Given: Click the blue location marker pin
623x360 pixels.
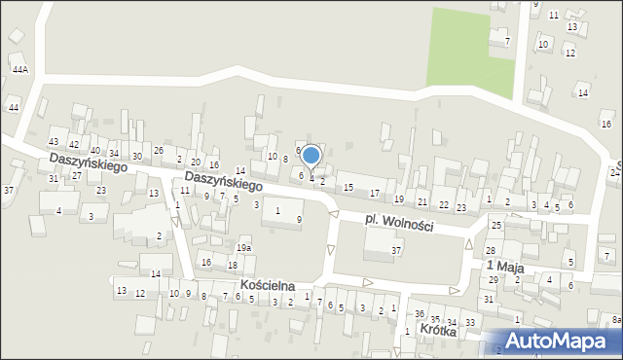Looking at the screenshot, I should [311, 156].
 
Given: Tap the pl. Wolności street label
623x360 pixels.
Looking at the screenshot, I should [399, 223].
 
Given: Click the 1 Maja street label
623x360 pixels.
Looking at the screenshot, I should [505, 265].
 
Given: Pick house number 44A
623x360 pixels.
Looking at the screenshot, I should [20, 70].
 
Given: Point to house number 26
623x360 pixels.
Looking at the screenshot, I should [159, 150].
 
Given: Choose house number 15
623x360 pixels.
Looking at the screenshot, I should [348, 187].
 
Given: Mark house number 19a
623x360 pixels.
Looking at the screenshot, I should [242, 248].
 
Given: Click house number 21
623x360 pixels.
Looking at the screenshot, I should [421, 201].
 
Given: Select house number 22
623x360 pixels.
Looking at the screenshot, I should [444, 204].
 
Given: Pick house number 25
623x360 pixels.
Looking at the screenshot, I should [495, 226].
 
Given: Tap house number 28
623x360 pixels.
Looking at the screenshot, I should [491, 250].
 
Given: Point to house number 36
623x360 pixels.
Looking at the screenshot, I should [420, 313].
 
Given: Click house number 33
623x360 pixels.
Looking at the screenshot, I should [470, 322].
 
